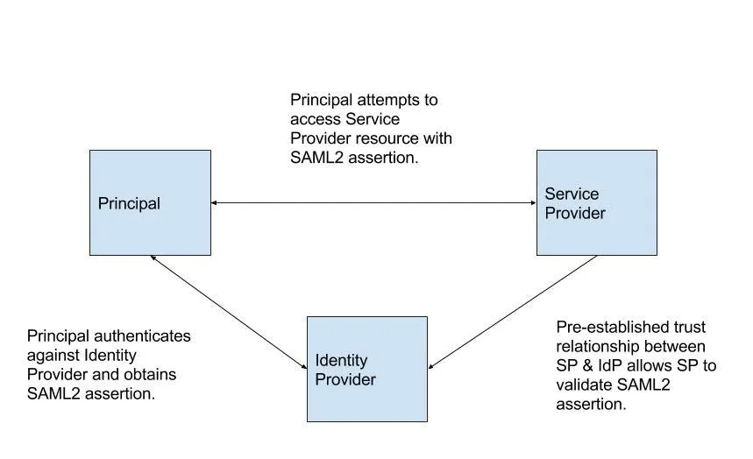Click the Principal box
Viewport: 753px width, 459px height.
click(x=150, y=202)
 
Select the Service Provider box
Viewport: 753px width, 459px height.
click(x=597, y=202)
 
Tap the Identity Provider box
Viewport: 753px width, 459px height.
click(x=367, y=369)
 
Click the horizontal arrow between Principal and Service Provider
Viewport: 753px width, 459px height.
click(x=373, y=202)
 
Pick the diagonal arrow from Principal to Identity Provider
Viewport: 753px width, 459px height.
click(x=229, y=312)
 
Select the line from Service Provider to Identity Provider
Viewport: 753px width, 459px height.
click(x=513, y=312)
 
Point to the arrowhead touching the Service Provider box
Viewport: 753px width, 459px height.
click(x=534, y=202)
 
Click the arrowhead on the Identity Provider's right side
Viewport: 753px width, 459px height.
click(x=430, y=367)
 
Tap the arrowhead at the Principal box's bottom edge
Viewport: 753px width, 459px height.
click(x=153, y=258)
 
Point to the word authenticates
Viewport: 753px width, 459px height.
click(x=142, y=336)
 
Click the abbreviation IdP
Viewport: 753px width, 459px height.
click(x=610, y=366)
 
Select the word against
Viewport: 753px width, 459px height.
click(x=53, y=356)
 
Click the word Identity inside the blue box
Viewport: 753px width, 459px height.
click(x=341, y=361)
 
